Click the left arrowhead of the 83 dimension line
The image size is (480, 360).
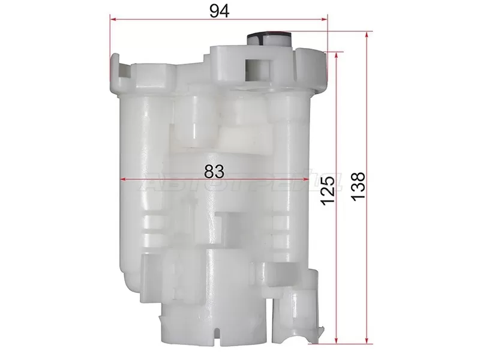point(123,179)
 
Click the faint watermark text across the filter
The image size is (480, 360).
point(240,183)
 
